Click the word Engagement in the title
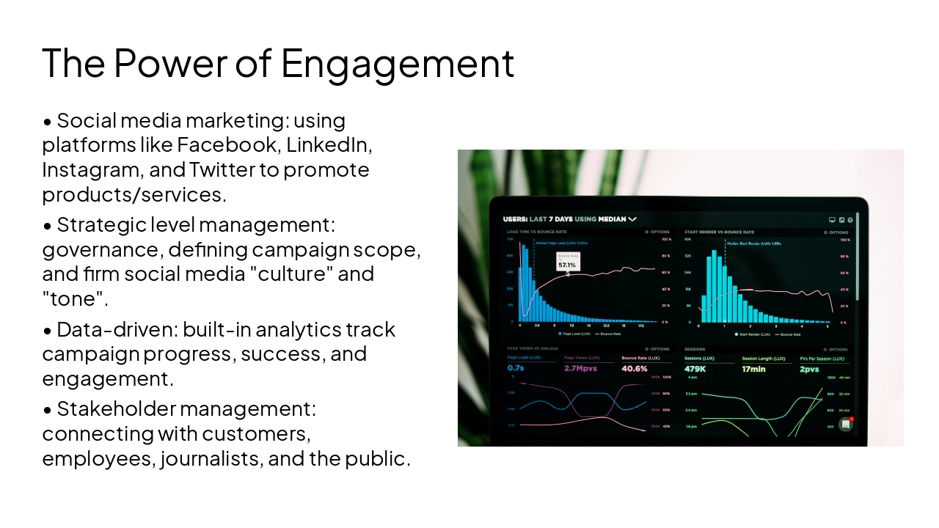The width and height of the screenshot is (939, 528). click(x=397, y=63)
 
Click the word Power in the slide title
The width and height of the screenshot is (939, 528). click(x=170, y=63)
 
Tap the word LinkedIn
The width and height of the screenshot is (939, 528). click(x=329, y=144)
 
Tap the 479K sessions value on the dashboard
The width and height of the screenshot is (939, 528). click(x=695, y=369)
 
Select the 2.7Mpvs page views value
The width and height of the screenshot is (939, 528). click(x=581, y=368)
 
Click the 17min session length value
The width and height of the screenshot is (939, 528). click(x=753, y=369)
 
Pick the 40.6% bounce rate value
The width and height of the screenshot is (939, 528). click(x=634, y=368)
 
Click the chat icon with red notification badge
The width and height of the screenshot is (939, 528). click(x=846, y=424)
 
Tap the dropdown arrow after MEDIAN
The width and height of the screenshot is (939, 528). click(x=632, y=219)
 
